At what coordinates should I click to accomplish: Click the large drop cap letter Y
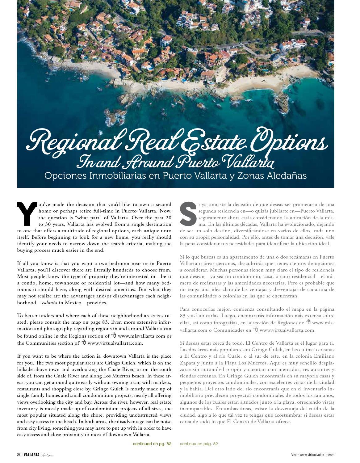tap(27, 214)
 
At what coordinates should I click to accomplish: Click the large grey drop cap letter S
tap(188, 213)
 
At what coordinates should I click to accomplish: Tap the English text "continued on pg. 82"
tap(152, 444)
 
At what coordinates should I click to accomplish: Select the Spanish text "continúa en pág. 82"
tap(199, 444)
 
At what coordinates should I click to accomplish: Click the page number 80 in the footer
tap(19, 455)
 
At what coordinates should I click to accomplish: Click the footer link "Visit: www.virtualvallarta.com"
tap(312, 455)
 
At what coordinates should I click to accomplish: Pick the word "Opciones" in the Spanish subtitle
tap(65, 176)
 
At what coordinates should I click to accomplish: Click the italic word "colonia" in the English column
tap(49, 303)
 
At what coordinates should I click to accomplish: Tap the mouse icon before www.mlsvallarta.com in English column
tap(114, 335)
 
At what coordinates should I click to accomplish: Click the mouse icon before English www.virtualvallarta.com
tap(84, 342)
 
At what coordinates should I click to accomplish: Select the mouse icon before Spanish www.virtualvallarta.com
tap(256, 329)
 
